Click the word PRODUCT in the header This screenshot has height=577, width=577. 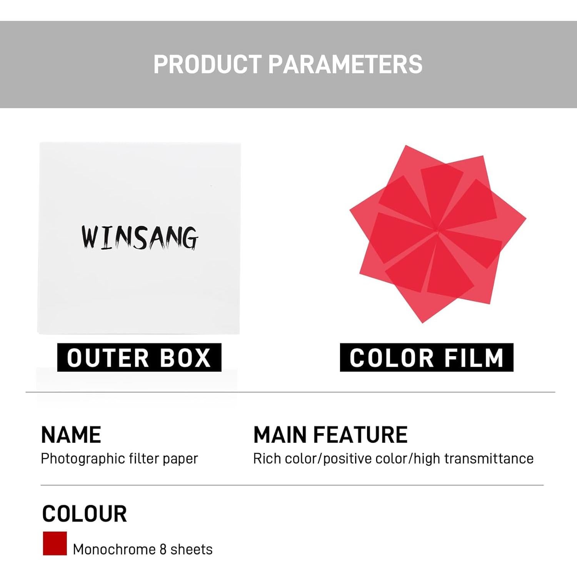coord(207,64)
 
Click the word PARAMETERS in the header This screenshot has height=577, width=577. coord(345,64)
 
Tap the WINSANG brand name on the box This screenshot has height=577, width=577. coord(140,237)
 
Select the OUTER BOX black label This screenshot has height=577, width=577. coord(139,357)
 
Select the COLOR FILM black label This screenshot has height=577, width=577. coord(427,357)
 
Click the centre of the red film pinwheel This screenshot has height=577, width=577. coord(438,232)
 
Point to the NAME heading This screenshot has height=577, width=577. coord(71,435)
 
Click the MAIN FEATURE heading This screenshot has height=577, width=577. coord(330,435)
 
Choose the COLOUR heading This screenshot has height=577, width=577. coord(84,514)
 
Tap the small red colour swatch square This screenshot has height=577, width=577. coord(55,543)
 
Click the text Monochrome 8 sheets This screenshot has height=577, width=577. coord(143,549)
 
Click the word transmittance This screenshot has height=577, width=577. coord(489,459)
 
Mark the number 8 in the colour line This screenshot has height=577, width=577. coord(163,549)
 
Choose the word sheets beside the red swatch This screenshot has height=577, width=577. coord(192,549)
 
